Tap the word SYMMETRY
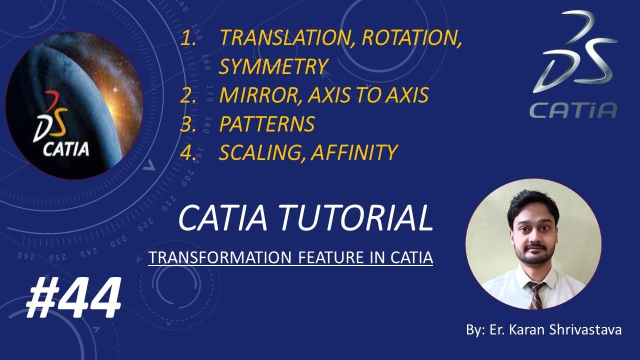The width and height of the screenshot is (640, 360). click(x=273, y=66)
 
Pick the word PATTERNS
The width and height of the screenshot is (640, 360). click(x=266, y=124)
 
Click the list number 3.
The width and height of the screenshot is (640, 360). click(x=187, y=124)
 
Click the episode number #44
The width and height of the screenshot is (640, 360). click(x=73, y=298)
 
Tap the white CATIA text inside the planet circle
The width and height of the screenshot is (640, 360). click(x=66, y=148)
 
